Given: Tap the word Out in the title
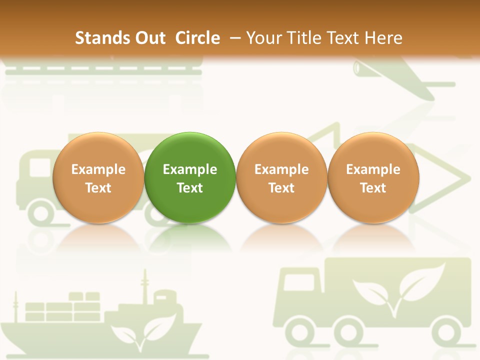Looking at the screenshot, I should pos(149,38).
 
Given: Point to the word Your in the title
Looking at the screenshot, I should pos(262,38).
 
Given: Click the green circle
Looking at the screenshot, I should pos(190,177).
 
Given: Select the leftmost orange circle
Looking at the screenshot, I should pos(98,177).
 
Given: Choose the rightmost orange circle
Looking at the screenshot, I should pos(373,177).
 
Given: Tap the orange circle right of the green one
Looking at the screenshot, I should pos(281,177).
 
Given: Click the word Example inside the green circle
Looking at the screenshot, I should pos(190,169).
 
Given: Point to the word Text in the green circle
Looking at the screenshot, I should pos(190,188).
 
